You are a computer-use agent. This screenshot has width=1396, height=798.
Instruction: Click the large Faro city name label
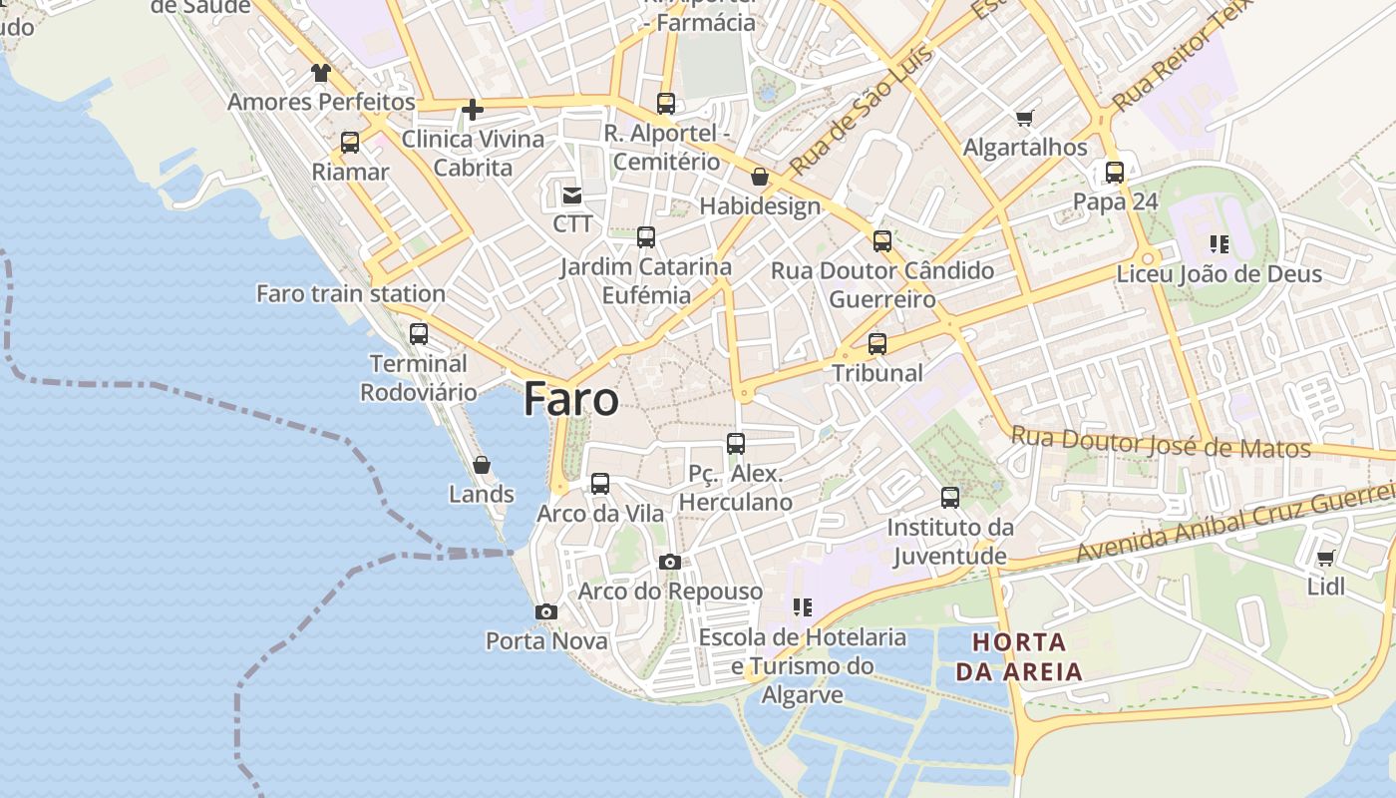(570, 399)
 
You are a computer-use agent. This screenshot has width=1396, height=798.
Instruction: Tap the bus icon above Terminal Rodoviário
(419, 334)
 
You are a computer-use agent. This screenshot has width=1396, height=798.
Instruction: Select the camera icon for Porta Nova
(545, 611)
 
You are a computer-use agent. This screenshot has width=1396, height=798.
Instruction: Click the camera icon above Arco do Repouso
(670, 563)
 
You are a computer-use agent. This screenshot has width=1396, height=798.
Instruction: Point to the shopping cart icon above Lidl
(1325, 559)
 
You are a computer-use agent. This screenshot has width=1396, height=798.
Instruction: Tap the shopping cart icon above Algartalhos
(1024, 119)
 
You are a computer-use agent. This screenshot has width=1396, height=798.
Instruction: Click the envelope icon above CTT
(572, 196)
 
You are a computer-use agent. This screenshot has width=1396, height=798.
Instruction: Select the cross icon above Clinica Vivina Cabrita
(473, 110)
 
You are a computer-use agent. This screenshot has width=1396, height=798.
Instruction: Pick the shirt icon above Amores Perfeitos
(320, 73)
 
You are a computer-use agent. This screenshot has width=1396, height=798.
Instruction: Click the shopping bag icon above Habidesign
(760, 178)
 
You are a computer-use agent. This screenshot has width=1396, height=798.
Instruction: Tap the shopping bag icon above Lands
(482, 465)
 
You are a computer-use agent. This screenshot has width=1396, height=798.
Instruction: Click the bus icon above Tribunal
(877, 344)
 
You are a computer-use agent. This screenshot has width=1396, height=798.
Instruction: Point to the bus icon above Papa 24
(1115, 173)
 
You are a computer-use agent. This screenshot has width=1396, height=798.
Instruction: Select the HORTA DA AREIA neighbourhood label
(1019, 656)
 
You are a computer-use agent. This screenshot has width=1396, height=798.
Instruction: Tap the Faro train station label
(351, 293)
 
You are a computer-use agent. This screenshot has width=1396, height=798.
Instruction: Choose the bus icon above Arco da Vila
(600, 484)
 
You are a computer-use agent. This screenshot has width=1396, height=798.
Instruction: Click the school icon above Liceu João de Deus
(1219, 244)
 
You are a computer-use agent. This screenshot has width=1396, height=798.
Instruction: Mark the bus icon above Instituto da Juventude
(950, 497)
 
